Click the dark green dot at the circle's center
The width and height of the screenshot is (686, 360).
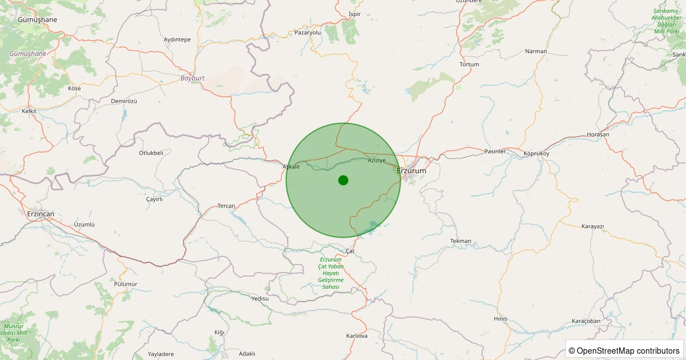pyautogui.click(x=343, y=180)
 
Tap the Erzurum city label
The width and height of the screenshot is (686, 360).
pyautogui.click(x=412, y=170)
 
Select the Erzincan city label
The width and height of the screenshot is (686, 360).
pyautogui.click(x=41, y=214)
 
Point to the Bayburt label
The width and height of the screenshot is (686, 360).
pyautogui.click(x=192, y=78)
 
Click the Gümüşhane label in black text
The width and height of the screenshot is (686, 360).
pyautogui.click(x=38, y=19)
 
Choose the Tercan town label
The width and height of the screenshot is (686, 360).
pyautogui.click(x=226, y=206)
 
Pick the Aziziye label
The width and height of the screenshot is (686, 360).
pyautogui.click(x=377, y=160)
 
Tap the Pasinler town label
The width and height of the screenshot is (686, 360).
pyautogui.click(x=495, y=151)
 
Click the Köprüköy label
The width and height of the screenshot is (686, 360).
pyautogui.click(x=536, y=154)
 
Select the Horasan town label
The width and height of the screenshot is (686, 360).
pyautogui.click(x=598, y=134)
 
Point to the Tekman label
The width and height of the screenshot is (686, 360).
pyautogui.click(x=461, y=241)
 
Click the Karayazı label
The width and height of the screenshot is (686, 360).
pyautogui.click(x=592, y=226)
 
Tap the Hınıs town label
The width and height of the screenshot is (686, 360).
pyautogui.click(x=500, y=319)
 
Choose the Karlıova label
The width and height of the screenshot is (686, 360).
pyautogui.click(x=357, y=335)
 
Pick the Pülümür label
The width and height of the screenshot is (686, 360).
pyautogui.click(x=126, y=284)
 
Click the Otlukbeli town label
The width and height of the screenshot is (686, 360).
pyautogui.click(x=151, y=153)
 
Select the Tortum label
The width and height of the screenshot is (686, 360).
pyautogui.click(x=469, y=65)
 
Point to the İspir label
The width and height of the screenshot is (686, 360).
pyautogui.click(x=354, y=14)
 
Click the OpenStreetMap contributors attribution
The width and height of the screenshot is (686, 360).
pyautogui.click(x=624, y=350)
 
